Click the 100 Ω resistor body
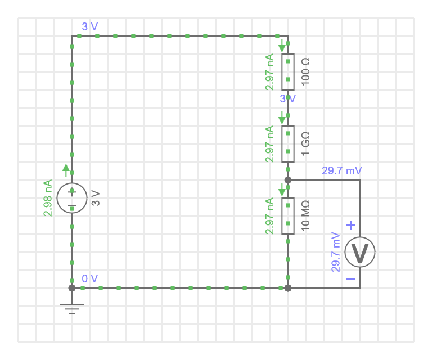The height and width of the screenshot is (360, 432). (287, 72)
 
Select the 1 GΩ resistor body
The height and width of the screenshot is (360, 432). (287, 144)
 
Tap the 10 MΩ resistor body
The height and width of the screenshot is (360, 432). (287, 216)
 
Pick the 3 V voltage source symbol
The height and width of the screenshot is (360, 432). (72, 198)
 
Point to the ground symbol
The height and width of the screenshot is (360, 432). (72, 308)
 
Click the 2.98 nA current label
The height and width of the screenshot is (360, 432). (48, 198)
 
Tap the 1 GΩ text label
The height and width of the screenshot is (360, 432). (307, 144)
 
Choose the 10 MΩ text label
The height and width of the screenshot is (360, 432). (307, 216)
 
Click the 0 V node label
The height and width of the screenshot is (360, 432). (90, 278)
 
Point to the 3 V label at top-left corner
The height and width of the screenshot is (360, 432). (90, 26)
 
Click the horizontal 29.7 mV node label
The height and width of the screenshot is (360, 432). (341, 170)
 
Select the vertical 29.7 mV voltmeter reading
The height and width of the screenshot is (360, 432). (336, 252)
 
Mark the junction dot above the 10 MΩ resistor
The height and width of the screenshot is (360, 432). (288, 180)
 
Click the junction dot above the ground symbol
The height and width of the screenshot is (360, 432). (72, 288)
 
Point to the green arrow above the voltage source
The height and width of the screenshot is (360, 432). (66, 168)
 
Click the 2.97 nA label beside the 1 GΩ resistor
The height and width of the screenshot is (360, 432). (270, 144)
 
